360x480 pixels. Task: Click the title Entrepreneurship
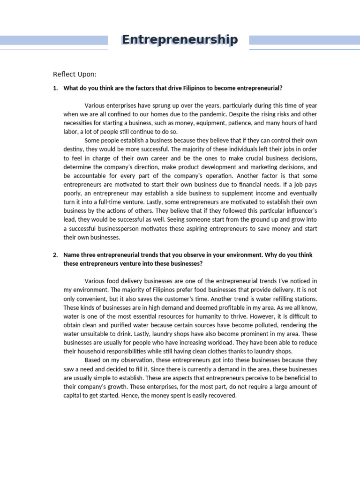pos(180,40)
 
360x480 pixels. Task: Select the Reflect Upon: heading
pos(75,74)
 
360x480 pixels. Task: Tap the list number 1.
pos(55,88)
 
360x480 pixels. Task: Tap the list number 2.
pos(55,255)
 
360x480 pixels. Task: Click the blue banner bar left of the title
pos(54,40)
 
